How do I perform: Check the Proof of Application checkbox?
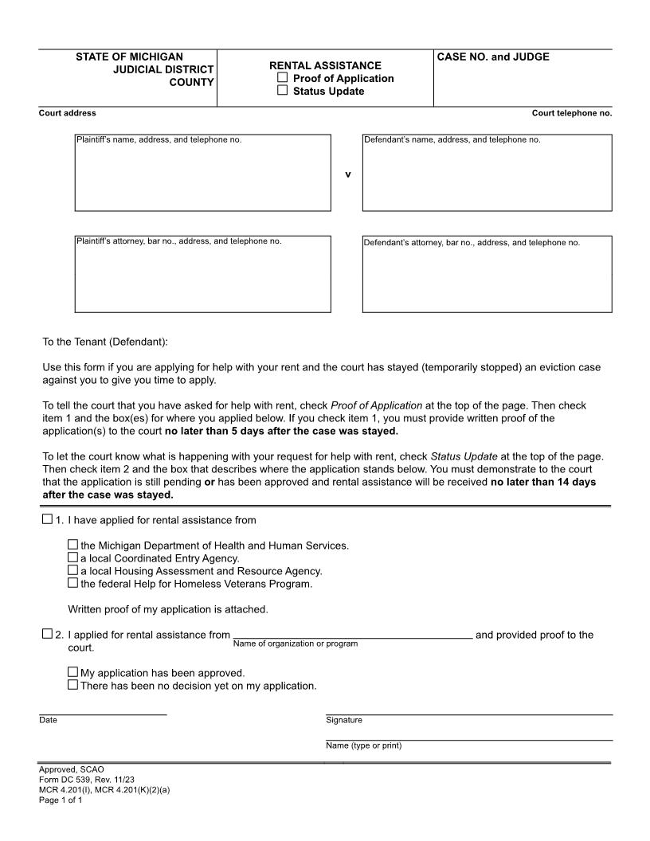pos(282,78)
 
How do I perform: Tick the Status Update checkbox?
pos(282,91)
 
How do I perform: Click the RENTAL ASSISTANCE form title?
pos(325,65)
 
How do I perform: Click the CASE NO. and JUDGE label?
pos(493,57)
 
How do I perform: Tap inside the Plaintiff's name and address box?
pos(202,175)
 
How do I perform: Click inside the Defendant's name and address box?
pos(487,175)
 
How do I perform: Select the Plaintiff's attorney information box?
pos(202,277)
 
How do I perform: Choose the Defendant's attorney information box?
pos(487,277)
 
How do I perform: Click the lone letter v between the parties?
pos(347,174)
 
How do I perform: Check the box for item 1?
pos(46,520)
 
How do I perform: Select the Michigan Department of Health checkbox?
pos(73,546)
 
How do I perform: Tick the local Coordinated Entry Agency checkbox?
pos(73,558)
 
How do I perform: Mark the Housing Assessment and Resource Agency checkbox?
pos(73,571)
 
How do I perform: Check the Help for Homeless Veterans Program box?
pos(73,584)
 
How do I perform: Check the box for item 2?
pos(46,635)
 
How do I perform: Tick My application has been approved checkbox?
pos(73,672)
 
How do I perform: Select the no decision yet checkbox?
pos(73,685)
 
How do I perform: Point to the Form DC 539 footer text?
pos(87,780)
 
